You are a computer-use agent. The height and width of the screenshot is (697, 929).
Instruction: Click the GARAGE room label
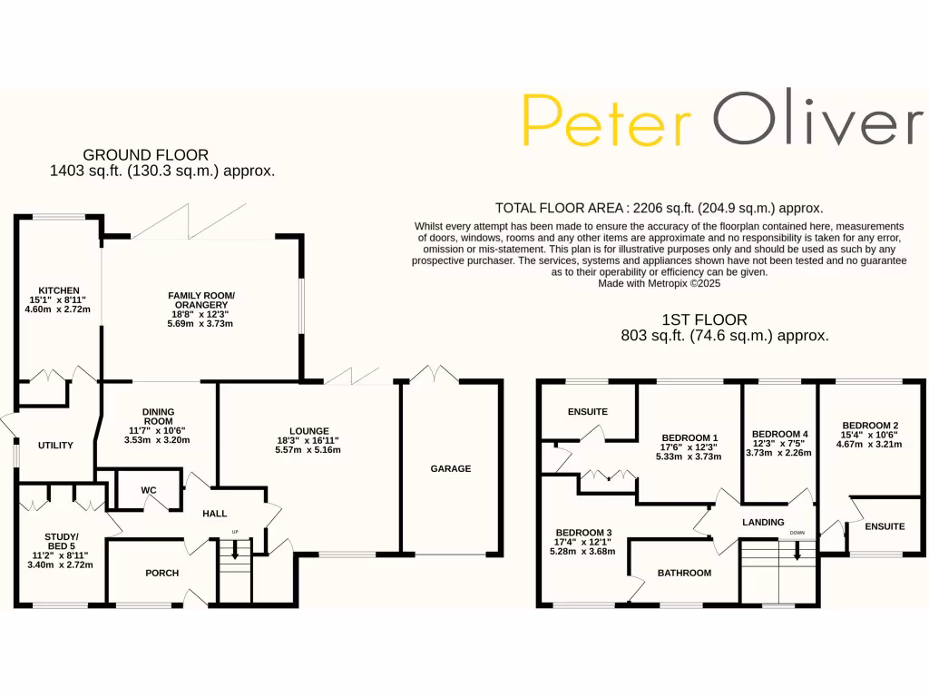451,468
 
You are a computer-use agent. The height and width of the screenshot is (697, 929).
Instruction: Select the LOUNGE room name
308,431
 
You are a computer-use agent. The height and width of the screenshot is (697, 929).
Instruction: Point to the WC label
149,490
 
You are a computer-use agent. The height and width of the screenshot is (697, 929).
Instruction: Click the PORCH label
162,573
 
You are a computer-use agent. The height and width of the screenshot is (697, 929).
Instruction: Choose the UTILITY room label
55,446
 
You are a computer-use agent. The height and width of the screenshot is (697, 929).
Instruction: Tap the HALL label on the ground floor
215,514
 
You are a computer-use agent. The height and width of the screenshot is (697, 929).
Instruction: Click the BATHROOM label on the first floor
684,573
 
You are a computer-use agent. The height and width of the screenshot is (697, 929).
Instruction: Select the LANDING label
762,522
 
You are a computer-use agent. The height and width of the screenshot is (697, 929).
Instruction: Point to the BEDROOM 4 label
779,434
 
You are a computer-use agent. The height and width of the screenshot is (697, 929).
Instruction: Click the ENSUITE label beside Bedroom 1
587,411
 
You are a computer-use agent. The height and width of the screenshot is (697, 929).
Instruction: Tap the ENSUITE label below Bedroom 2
885,526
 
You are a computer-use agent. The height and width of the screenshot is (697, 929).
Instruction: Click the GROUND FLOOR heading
145,155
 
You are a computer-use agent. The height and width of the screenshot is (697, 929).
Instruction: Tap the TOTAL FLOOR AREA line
659,207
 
